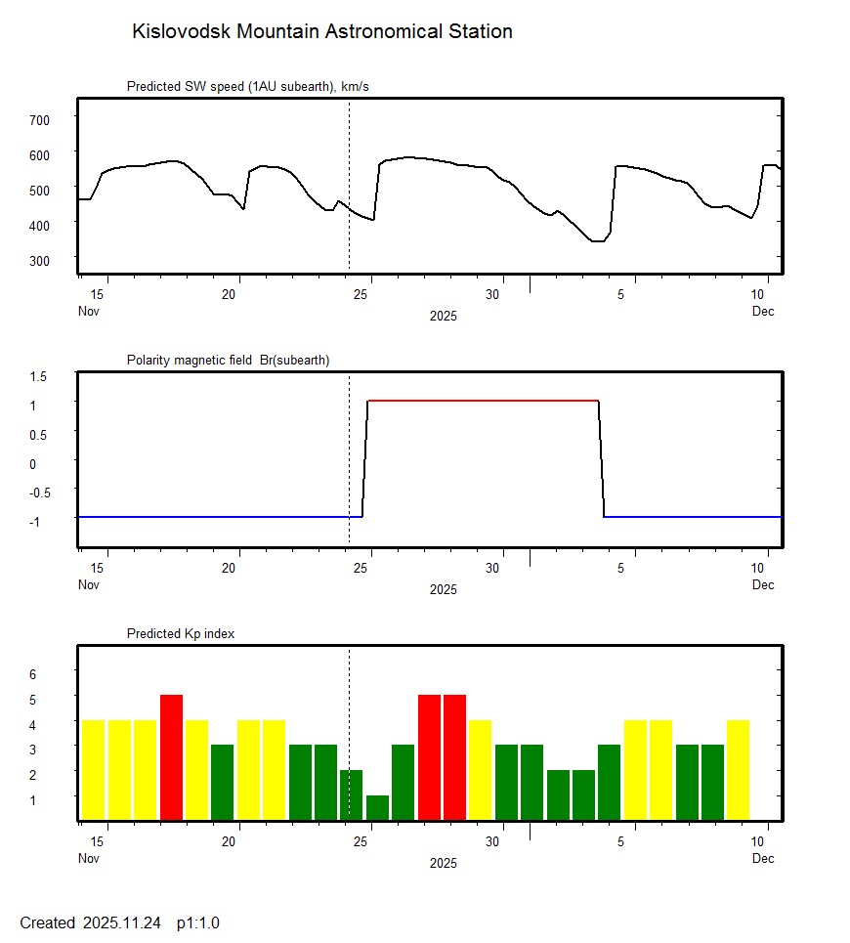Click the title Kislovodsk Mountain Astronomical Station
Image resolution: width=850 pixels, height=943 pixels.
pos(321,31)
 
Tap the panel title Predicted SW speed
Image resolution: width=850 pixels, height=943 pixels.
pos(247,87)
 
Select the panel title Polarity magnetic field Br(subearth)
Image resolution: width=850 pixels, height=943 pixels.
pos(228,361)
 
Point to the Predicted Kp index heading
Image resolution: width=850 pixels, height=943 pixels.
pos(181,634)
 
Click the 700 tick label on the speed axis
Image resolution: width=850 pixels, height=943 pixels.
pos(39,119)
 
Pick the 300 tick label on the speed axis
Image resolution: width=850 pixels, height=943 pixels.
pos(39,260)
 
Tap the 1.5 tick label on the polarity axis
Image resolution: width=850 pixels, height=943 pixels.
pos(39,376)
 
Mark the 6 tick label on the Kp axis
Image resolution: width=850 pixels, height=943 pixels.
pos(32,674)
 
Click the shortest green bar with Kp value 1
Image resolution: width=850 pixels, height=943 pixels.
pos(377,808)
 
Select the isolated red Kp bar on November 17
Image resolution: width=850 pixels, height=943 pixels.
pos(171,757)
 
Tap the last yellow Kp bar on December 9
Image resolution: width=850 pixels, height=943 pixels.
pos(738,770)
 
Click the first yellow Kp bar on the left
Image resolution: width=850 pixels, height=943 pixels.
pos(93,770)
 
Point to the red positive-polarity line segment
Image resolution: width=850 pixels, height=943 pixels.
pos(483,401)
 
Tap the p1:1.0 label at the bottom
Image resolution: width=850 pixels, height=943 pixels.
pos(197,922)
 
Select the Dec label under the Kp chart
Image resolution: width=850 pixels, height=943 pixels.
pos(763,858)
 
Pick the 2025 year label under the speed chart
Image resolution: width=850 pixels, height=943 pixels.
pos(443,316)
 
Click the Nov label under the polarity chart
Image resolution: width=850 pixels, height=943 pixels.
pos(89,584)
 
